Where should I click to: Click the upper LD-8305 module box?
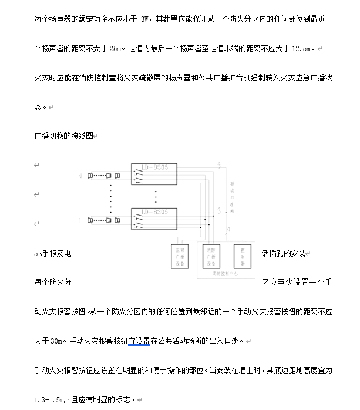pyautogui.click(x=154, y=174)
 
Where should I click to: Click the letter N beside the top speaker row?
pyautogui.click(x=80, y=176)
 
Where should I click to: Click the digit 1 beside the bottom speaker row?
pyautogui.click(x=80, y=220)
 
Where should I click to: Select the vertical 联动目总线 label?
pyautogui.click(x=231, y=194)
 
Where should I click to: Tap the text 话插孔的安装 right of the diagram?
pyautogui.click(x=283, y=253)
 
